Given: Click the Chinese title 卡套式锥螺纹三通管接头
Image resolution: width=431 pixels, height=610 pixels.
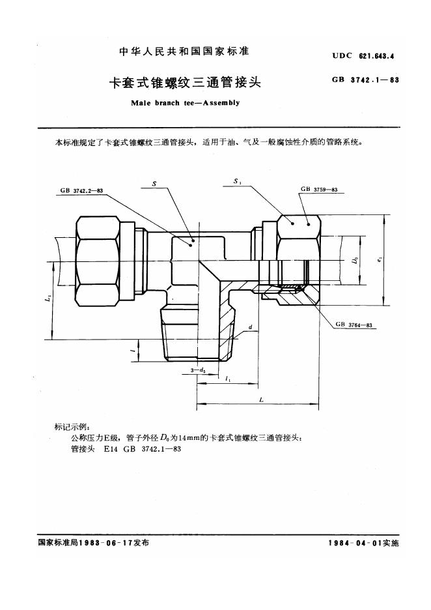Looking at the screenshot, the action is point(185,83).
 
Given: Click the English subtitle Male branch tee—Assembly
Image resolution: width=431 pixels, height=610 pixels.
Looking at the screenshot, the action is point(186,103).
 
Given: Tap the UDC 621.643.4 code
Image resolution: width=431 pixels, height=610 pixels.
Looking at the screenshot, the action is point(363,55).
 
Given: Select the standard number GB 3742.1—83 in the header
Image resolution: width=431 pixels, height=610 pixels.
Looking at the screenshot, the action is point(365,80).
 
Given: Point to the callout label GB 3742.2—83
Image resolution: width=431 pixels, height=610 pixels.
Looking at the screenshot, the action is point(81,190).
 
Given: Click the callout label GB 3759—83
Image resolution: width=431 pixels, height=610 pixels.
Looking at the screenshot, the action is point(319,190).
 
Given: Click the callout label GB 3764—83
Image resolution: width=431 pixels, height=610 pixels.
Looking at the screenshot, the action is point(354,325).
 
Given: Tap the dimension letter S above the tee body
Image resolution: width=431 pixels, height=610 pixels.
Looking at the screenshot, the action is point(154,183).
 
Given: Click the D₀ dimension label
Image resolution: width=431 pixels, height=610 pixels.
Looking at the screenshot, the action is point(355,260).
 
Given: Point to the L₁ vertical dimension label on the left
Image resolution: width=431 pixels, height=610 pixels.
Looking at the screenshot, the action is point(47,298).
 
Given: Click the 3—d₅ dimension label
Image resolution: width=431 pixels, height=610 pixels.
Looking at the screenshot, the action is point(198,370).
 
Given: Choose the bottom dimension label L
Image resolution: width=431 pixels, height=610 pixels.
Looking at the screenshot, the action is point(261,399).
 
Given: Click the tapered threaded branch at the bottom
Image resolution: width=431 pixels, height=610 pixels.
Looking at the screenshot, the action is point(198,334).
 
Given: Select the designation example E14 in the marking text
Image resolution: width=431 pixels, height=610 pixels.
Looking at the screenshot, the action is point(110,449).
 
